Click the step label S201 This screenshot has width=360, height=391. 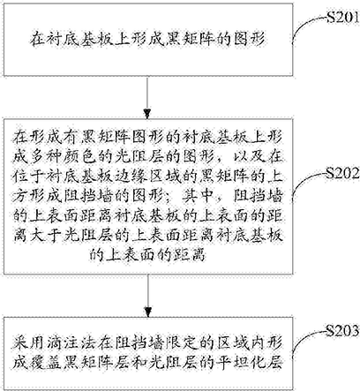click(x=343, y=18)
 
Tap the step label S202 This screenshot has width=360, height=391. click(x=343, y=174)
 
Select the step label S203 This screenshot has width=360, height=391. click(x=343, y=331)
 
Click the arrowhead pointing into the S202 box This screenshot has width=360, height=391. click(x=148, y=114)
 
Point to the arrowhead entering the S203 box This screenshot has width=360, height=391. click(x=148, y=312)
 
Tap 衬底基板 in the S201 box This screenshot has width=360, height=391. click(x=80, y=39)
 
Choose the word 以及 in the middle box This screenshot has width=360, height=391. click(x=249, y=157)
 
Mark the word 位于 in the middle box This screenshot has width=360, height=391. click(x=28, y=177)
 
